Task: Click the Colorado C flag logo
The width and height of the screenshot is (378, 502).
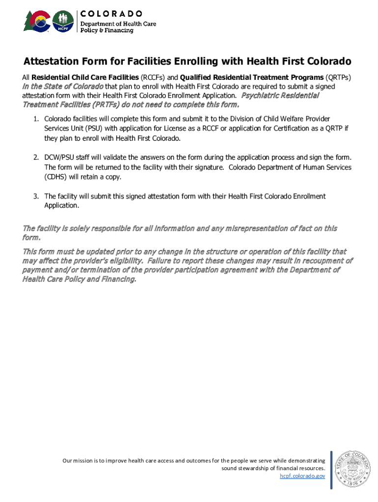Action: [x=37, y=21]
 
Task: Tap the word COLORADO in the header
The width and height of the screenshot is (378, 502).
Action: [x=111, y=13]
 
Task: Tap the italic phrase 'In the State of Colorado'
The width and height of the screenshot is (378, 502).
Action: [x=63, y=86]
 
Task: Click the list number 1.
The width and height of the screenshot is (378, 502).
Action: [x=36, y=119]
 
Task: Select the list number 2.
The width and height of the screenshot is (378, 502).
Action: [x=36, y=158]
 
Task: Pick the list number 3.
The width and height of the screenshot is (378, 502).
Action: [x=36, y=197]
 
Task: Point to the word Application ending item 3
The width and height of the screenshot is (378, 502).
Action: [x=61, y=206]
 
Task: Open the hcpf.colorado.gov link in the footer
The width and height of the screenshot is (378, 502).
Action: [x=302, y=476]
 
